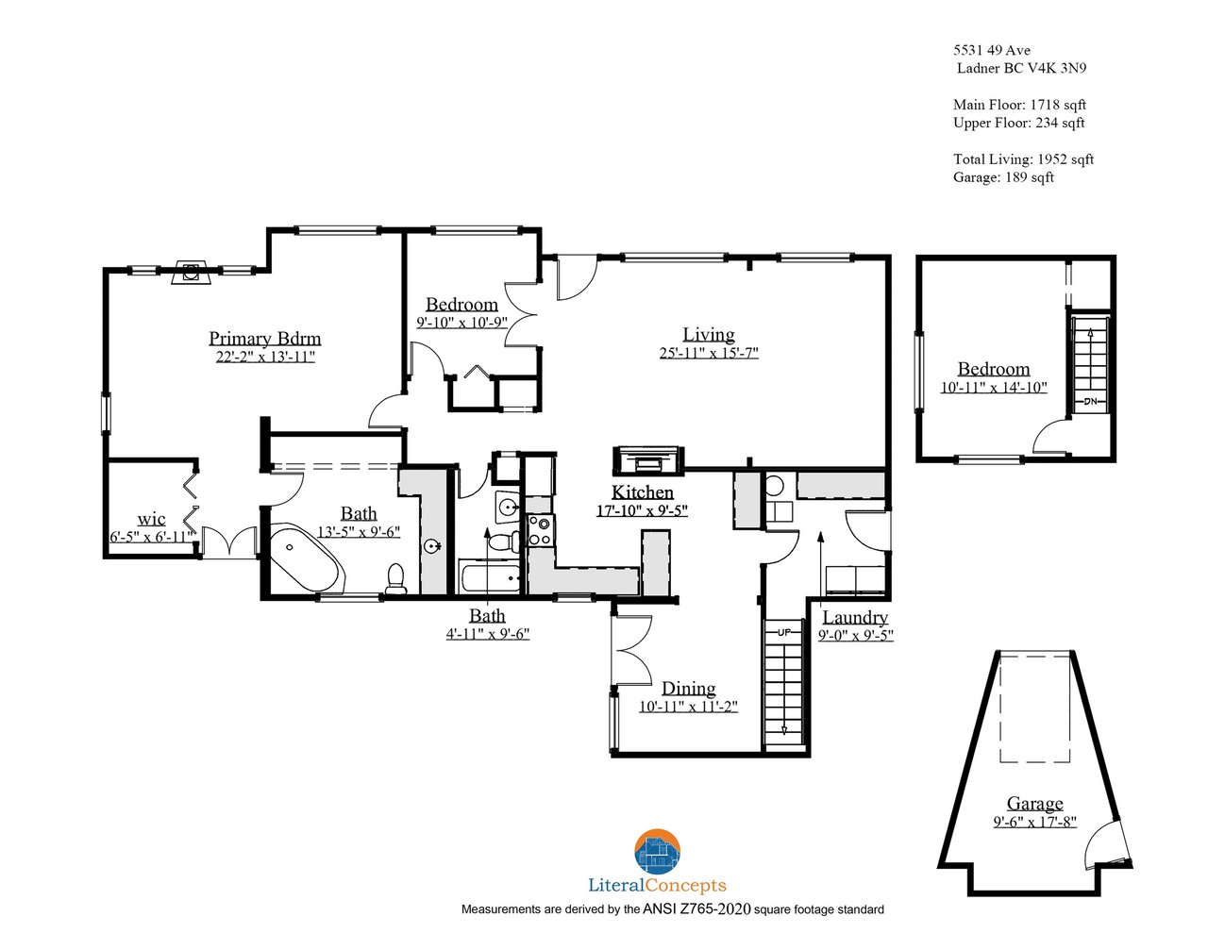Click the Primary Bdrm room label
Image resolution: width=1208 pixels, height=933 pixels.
pyautogui.click(x=264, y=338)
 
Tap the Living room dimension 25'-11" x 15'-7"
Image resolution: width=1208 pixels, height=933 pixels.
pyautogui.click(x=709, y=352)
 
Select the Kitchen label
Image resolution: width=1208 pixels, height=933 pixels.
pyautogui.click(x=642, y=491)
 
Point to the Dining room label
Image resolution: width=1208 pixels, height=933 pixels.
pyautogui.click(x=688, y=688)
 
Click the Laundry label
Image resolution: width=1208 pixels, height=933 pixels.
pyautogui.click(x=855, y=617)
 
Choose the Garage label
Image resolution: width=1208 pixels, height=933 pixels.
pyautogui.click(x=1034, y=804)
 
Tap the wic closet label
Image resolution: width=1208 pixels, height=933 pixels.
pyautogui.click(x=151, y=519)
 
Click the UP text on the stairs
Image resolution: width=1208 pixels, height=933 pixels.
pyautogui.click(x=784, y=632)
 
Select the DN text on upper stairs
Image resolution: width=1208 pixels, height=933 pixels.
pyautogui.click(x=1090, y=401)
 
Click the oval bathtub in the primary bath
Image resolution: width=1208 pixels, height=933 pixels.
pyautogui.click(x=305, y=558)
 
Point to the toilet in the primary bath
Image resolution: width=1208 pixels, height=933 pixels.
pyautogui.click(x=395, y=579)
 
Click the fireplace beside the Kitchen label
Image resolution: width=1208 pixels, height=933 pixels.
pyautogui.click(x=647, y=460)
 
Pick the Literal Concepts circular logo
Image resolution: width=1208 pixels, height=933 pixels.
pyautogui.click(x=657, y=851)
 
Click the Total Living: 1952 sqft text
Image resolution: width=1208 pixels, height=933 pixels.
pyautogui.click(x=1023, y=159)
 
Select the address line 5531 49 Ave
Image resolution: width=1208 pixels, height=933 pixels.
pyautogui.click(x=992, y=50)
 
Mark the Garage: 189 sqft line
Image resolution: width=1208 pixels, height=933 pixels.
pyautogui.click(x=1003, y=177)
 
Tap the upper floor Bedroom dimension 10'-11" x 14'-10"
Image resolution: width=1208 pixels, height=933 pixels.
pyautogui.click(x=994, y=387)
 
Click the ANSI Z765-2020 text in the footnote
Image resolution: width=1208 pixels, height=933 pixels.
pyautogui.click(x=696, y=909)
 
